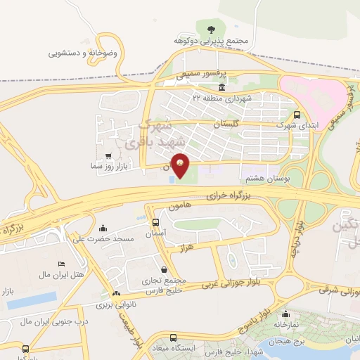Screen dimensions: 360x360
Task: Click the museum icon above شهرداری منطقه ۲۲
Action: coord(222,87)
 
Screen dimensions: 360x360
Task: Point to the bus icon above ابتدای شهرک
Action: coord(297,113)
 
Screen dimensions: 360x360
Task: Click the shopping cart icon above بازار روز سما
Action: coord(107,156)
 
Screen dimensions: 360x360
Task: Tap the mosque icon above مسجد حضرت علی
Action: coord(103,228)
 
